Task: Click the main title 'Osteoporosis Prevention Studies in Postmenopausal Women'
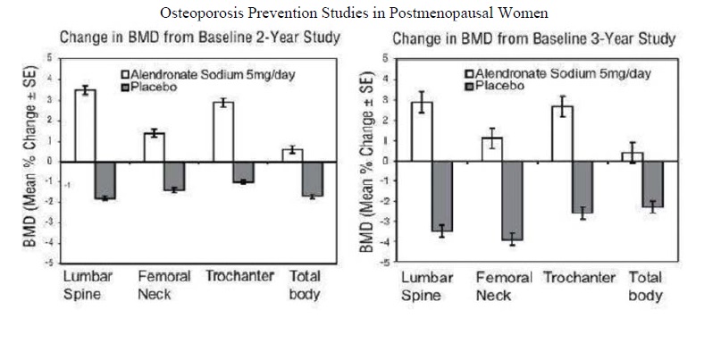coord(352,13)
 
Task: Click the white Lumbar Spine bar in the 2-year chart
coord(85,125)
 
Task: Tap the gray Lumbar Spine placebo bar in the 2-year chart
coord(105,180)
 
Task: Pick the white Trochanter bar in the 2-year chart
coord(222,131)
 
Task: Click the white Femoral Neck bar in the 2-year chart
coord(155,147)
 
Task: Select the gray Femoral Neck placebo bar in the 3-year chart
coord(512,200)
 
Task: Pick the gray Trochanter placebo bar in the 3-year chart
coord(582,187)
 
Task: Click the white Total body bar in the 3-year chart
coord(632,156)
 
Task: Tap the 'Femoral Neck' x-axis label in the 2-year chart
coord(163,284)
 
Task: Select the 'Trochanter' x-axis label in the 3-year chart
coord(580,277)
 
